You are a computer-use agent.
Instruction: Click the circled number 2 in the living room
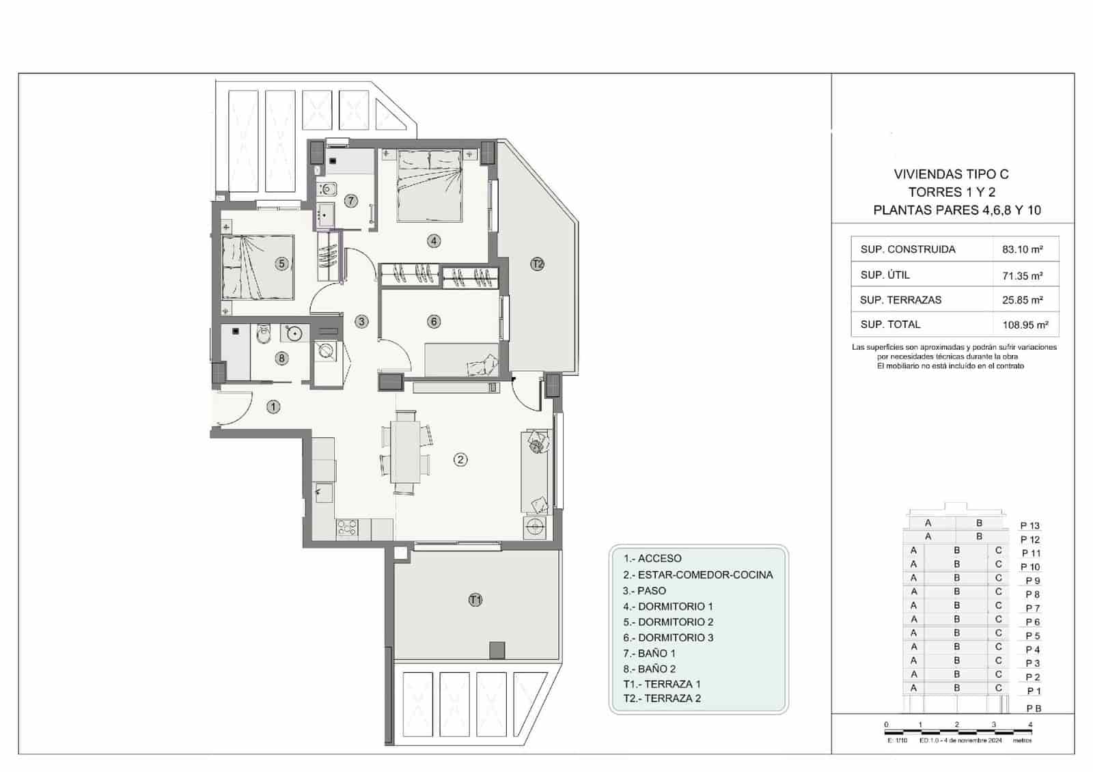pos(460,460)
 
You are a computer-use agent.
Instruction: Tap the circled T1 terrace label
pos(475,600)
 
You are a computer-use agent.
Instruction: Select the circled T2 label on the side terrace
pos(538,264)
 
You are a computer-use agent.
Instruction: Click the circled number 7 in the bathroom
pos(351,201)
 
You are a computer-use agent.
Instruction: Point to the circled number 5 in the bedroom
pos(281,264)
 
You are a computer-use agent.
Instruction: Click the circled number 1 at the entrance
pos(273,407)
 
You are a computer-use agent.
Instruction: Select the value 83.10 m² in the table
pos(1022,249)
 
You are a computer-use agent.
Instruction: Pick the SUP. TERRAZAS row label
pos(900,300)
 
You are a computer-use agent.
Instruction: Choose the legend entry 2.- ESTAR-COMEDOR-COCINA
pos(697,575)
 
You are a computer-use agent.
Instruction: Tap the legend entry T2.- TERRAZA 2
pos(661,698)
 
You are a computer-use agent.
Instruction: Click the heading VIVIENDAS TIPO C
pos(951,174)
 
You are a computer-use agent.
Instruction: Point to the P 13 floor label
pos(1029,525)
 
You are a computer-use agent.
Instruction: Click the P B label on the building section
pos(1033,708)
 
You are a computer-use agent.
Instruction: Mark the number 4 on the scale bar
pos(1030,725)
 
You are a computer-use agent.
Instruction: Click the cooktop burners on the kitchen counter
pos(347,527)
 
